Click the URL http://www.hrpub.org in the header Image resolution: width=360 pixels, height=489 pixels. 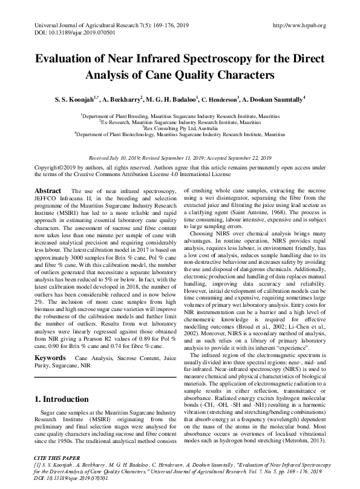[x=299, y=25]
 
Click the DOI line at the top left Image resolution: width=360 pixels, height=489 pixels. [x=66, y=33]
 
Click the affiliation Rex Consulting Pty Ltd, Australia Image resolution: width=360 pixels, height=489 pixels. [x=180, y=128]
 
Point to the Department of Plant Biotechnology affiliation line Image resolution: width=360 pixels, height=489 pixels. [x=180, y=134]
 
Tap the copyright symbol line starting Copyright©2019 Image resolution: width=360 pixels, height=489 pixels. [x=54, y=166]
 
